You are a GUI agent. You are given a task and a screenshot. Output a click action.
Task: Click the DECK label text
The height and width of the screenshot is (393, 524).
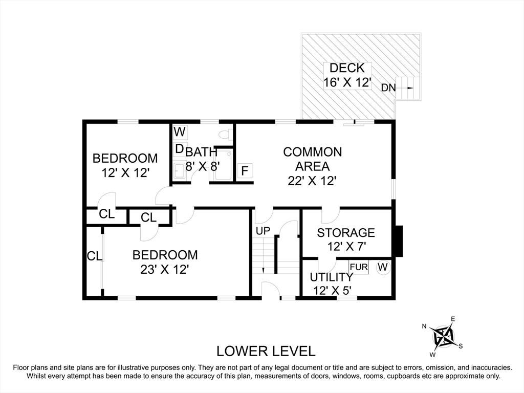coord(347,68)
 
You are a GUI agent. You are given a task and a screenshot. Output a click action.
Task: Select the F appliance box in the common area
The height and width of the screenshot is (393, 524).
coord(245,171)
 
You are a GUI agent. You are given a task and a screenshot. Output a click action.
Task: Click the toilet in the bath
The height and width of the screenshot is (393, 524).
coord(226,135)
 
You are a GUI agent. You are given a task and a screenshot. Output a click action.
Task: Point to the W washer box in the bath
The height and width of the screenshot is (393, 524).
coord(180,132)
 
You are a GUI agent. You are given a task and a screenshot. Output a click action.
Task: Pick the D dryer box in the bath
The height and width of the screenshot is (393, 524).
coord(180,149)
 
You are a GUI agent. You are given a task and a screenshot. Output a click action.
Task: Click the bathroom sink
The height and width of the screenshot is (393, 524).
coord(179,170)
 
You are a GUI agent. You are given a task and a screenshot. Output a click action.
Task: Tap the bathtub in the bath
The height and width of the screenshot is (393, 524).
coord(223,165)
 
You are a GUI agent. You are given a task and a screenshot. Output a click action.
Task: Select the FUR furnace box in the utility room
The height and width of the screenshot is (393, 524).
coord(359,267)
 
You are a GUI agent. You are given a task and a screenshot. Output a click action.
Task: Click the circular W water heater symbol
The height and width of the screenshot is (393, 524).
coord(383,267)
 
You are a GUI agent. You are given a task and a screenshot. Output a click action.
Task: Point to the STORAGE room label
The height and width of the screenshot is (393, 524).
coord(346,233)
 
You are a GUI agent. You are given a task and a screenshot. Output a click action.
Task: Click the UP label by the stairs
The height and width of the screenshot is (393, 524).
coord(263,231)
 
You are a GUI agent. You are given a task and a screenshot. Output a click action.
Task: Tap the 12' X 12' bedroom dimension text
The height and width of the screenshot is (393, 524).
coord(125,173)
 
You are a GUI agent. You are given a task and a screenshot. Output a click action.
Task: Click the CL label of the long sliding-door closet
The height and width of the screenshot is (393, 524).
coord(94,256)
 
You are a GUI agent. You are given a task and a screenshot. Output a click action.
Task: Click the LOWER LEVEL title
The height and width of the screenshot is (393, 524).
coord(266,351)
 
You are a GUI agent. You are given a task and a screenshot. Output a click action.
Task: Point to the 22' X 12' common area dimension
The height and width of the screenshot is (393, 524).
coord(312,181)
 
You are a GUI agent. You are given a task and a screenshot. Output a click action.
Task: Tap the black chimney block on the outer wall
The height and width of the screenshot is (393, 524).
coord(399,242)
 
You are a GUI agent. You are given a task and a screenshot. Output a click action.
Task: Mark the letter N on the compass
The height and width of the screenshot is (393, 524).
coord(424,326)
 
